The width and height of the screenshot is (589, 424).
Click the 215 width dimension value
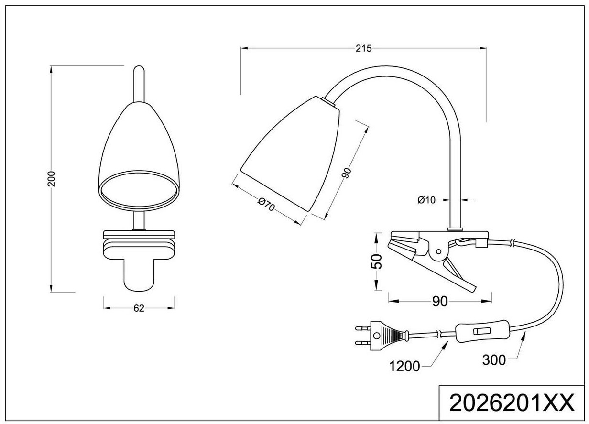363,48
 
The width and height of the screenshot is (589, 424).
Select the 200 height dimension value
51,179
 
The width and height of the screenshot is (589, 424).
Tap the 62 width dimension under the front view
139,308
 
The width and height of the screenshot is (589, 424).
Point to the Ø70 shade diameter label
266,205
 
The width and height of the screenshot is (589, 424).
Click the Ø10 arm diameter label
426,200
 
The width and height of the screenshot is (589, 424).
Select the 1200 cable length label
404,366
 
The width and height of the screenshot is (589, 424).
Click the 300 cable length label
494,360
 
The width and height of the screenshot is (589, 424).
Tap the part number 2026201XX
512,403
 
